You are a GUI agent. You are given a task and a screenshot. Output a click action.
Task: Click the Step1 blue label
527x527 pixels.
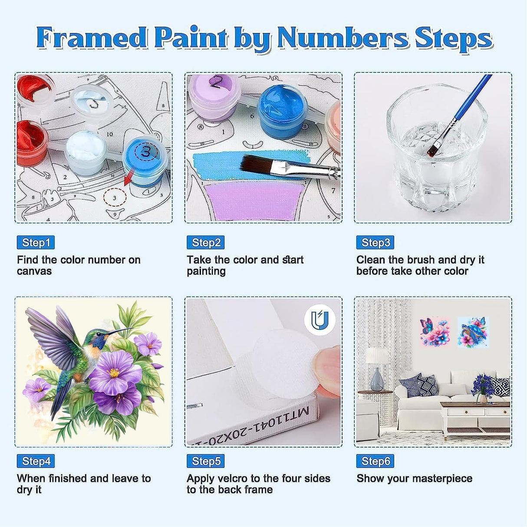click(36, 243)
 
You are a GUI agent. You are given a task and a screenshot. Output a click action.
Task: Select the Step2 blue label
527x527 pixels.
click(205, 243)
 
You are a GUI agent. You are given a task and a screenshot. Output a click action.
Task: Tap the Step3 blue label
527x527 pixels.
click(375, 243)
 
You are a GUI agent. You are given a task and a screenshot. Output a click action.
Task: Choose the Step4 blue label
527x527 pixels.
click(36, 461)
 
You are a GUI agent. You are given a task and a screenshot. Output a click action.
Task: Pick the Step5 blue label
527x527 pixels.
click(205, 461)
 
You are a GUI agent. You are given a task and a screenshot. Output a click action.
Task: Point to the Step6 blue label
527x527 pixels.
click(375, 461)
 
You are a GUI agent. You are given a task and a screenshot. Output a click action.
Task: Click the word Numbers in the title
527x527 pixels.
click(343, 38)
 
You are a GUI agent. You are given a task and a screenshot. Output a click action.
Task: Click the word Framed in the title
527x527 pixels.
click(92, 38)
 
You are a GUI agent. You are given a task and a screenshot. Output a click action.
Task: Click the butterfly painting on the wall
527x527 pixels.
click(434, 332)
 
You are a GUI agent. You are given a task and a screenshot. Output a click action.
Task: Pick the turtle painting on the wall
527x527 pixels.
click(473, 332)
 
